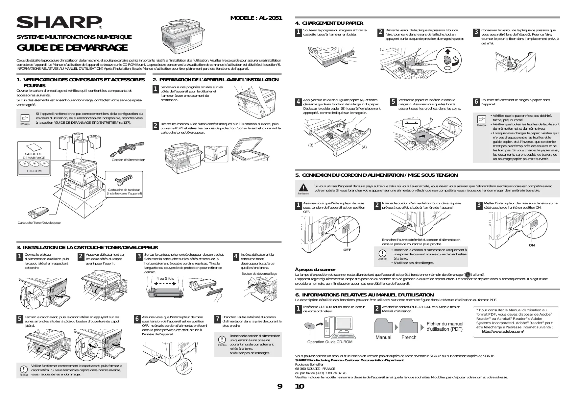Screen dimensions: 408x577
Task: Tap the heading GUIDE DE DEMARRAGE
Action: [x=72, y=48]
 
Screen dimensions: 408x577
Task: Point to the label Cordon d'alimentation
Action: [x=128, y=160]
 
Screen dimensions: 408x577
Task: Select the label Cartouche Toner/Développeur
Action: [x=39, y=223]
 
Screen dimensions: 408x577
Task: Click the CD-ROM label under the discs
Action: [x=34, y=171]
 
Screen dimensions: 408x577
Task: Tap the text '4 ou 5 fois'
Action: [x=165, y=278]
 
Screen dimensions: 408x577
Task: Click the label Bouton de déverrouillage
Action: [x=259, y=274]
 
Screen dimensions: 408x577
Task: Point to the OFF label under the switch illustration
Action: [x=347, y=250]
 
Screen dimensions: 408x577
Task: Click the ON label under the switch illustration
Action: [x=532, y=245]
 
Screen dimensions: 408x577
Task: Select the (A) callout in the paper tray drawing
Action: [x=364, y=147]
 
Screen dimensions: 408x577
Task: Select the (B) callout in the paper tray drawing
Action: [x=311, y=145]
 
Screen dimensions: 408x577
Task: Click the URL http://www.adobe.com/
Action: [x=502, y=331]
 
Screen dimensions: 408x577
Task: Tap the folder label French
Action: [x=409, y=337]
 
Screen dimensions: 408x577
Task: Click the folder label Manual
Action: [x=383, y=337]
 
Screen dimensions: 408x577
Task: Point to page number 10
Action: [x=300, y=386]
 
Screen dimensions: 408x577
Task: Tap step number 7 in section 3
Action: [x=217, y=319]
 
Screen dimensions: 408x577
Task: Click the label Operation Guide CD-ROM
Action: [x=329, y=342]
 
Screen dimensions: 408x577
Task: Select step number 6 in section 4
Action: [x=476, y=102]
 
